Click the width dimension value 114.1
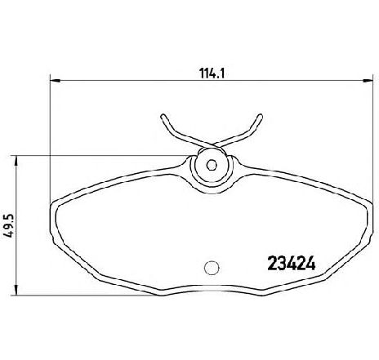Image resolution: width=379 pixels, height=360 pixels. [212, 71]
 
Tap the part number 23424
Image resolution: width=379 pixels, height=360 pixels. [292, 264]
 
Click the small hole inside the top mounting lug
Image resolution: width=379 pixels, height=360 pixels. [212, 164]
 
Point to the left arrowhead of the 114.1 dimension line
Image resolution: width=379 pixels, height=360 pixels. [54, 80]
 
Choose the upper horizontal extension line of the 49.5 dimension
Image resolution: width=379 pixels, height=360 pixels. [98, 157]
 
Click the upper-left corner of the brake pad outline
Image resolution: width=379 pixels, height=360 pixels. [57, 200]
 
